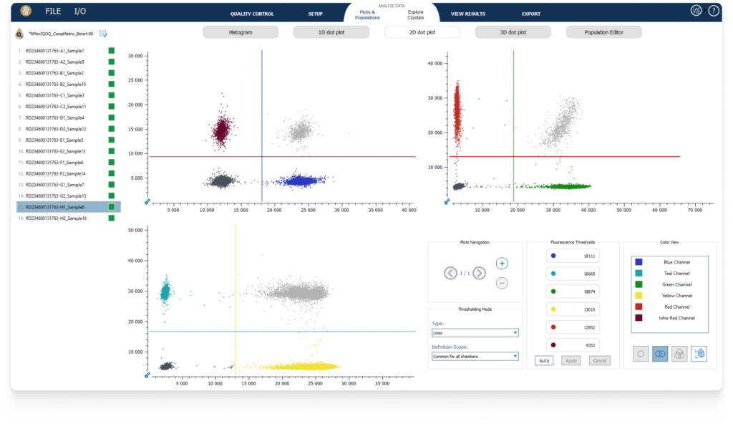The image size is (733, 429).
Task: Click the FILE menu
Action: point(53,11)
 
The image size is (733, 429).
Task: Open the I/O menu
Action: point(80,11)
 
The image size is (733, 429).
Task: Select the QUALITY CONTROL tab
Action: point(252,14)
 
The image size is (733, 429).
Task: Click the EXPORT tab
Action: point(531,14)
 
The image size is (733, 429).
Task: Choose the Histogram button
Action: point(241,32)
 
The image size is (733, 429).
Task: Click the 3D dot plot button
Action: point(513,32)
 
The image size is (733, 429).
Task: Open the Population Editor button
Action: point(603,32)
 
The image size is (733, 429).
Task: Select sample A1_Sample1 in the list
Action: point(54,51)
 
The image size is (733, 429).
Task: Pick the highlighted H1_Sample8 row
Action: point(54,207)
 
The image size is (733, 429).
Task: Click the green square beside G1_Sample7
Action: point(111,185)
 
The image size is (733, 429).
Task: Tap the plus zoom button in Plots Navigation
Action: point(502,264)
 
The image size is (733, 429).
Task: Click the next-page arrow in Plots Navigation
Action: point(480,273)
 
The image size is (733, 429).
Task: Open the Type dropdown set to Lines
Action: point(475,333)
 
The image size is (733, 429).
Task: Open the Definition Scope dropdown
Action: point(475,356)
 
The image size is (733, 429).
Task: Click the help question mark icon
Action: point(713,11)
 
